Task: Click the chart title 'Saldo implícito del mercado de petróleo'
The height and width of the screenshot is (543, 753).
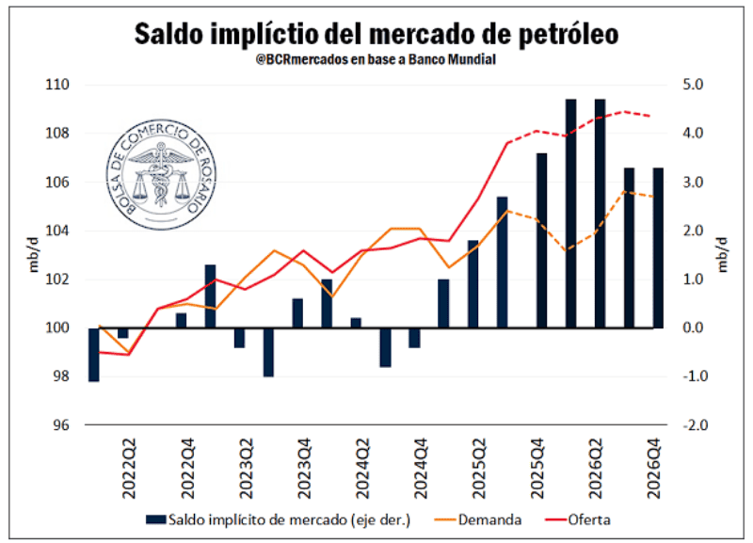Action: (376, 33)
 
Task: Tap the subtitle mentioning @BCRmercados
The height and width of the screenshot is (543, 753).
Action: (376, 59)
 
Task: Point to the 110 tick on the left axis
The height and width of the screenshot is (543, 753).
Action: (58, 85)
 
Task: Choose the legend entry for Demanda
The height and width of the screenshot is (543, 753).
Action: (489, 519)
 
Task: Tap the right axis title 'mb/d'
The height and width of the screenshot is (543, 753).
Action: (723, 254)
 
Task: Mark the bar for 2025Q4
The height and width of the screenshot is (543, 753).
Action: (541, 240)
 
